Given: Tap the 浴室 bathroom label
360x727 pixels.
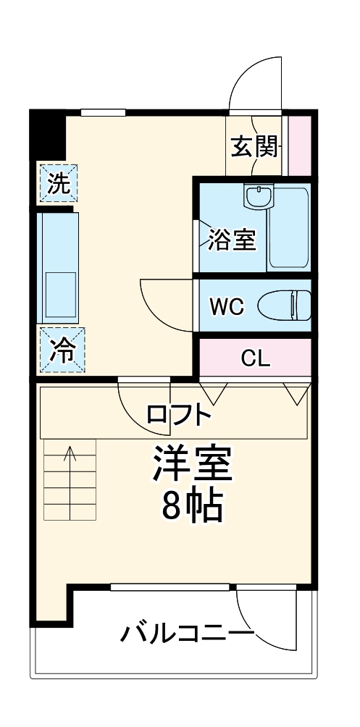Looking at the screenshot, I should (232, 240).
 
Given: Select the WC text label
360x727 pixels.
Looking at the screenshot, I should (227, 306).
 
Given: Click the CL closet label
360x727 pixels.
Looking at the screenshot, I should (255, 358).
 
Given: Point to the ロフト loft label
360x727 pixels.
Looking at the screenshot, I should (178, 415).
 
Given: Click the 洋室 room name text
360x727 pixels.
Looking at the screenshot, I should (191, 463).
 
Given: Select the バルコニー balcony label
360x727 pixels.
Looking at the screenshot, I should (186, 635).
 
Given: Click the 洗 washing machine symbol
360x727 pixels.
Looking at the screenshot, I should (59, 182).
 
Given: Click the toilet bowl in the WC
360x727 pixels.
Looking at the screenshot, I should (285, 304).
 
